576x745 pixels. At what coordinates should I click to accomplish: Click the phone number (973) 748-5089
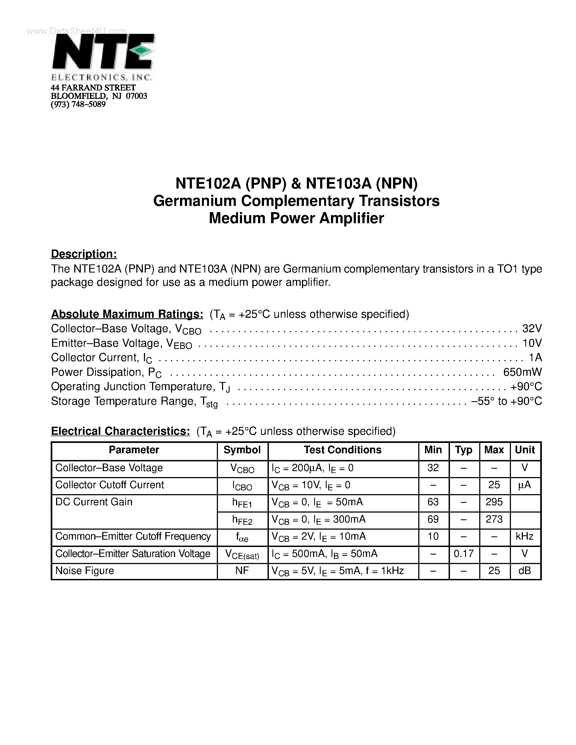(78, 104)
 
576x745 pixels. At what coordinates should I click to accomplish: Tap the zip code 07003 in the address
(137, 96)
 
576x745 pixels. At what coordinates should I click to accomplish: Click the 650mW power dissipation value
(522, 372)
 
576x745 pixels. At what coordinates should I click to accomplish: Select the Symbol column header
(242, 450)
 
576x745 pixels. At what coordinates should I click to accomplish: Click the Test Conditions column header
(343, 450)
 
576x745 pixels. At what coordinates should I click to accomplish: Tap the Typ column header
(464, 450)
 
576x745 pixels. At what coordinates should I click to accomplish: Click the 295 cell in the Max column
(494, 502)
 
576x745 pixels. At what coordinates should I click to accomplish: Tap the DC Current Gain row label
(94, 502)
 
